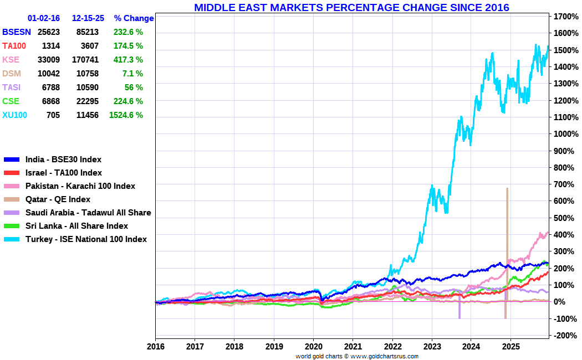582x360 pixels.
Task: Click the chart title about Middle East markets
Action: coord(351,8)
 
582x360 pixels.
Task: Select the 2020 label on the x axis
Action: coord(313,347)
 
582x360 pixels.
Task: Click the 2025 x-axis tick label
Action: coord(510,347)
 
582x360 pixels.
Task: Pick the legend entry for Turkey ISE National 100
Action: coord(86,239)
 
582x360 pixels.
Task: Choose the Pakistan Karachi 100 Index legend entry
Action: coord(80,186)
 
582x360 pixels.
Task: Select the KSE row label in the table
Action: coord(11,60)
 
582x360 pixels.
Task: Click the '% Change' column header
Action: coord(134,18)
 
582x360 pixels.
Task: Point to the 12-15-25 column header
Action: coord(87,18)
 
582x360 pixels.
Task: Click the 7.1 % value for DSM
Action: coord(132,74)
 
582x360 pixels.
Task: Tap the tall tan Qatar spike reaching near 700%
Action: coord(507,222)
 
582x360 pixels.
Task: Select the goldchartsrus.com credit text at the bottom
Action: coord(357,356)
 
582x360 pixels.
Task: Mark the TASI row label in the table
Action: coord(12,88)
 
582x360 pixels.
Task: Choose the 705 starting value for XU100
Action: coord(53,115)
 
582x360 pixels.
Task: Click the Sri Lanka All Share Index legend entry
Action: coord(76,226)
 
